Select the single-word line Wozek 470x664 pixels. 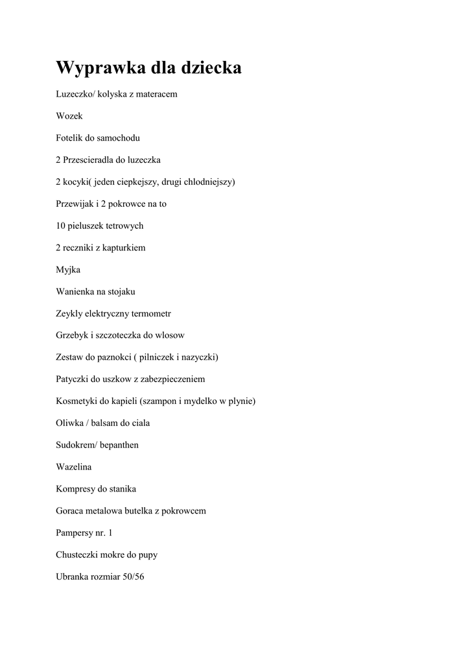pyautogui.click(x=69, y=116)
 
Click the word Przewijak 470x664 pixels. pyautogui.click(x=75, y=204)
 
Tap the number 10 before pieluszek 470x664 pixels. pyautogui.click(x=61, y=226)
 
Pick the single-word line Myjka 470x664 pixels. pyautogui.click(x=68, y=270)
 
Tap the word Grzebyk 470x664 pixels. pyautogui.click(x=72, y=335)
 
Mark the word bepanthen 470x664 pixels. pyautogui.click(x=118, y=445)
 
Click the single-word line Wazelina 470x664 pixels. pyautogui.click(x=74, y=467)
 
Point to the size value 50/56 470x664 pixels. pyautogui.click(x=133, y=576)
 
